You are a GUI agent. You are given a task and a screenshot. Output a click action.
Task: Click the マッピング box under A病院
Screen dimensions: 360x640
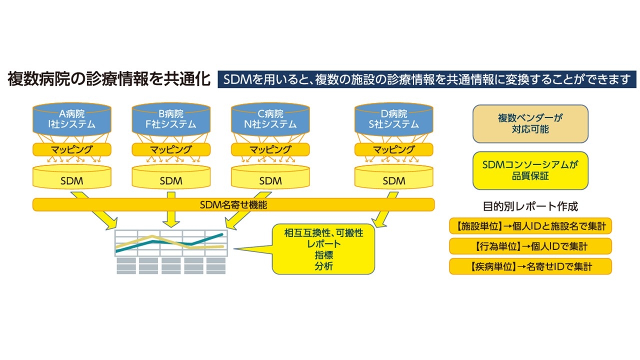tap(71, 149)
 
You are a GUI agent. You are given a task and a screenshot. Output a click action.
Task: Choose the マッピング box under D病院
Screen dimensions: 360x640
tap(393, 149)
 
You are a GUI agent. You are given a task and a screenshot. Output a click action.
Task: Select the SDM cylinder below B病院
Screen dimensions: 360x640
tap(171, 180)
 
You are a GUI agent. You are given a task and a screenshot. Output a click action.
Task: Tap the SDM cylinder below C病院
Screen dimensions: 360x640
tap(270, 180)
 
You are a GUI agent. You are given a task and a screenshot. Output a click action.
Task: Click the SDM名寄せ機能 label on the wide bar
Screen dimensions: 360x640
tap(233, 204)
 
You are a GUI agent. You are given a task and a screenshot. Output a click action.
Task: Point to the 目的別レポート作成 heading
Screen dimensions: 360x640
tap(530, 206)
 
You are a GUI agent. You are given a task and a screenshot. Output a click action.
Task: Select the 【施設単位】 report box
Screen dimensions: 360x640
tap(530, 226)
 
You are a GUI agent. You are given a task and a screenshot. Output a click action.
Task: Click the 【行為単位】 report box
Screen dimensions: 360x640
tap(530, 246)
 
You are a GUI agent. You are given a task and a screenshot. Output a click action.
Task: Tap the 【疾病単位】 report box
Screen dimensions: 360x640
tap(530, 266)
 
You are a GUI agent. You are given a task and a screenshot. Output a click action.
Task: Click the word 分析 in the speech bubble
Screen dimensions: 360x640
tap(323, 266)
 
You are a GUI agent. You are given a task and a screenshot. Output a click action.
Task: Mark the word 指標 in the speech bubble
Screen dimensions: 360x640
tap(323, 255)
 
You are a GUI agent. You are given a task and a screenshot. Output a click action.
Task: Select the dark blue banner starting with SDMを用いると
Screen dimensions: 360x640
tap(426, 80)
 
